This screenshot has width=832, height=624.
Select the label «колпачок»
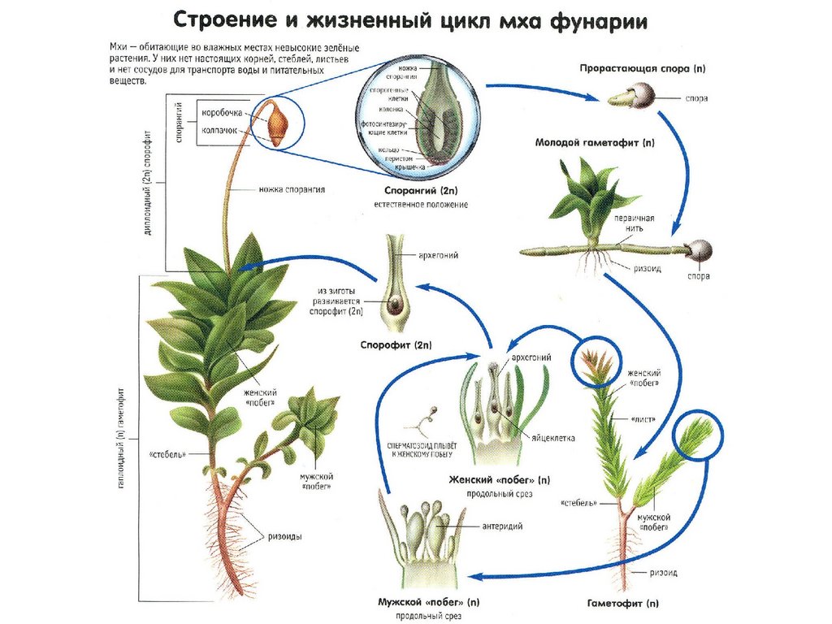tap(219, 130)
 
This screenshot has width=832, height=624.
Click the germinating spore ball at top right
tap(644, 97)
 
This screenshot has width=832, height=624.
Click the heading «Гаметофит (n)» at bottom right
tap(622, 604)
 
